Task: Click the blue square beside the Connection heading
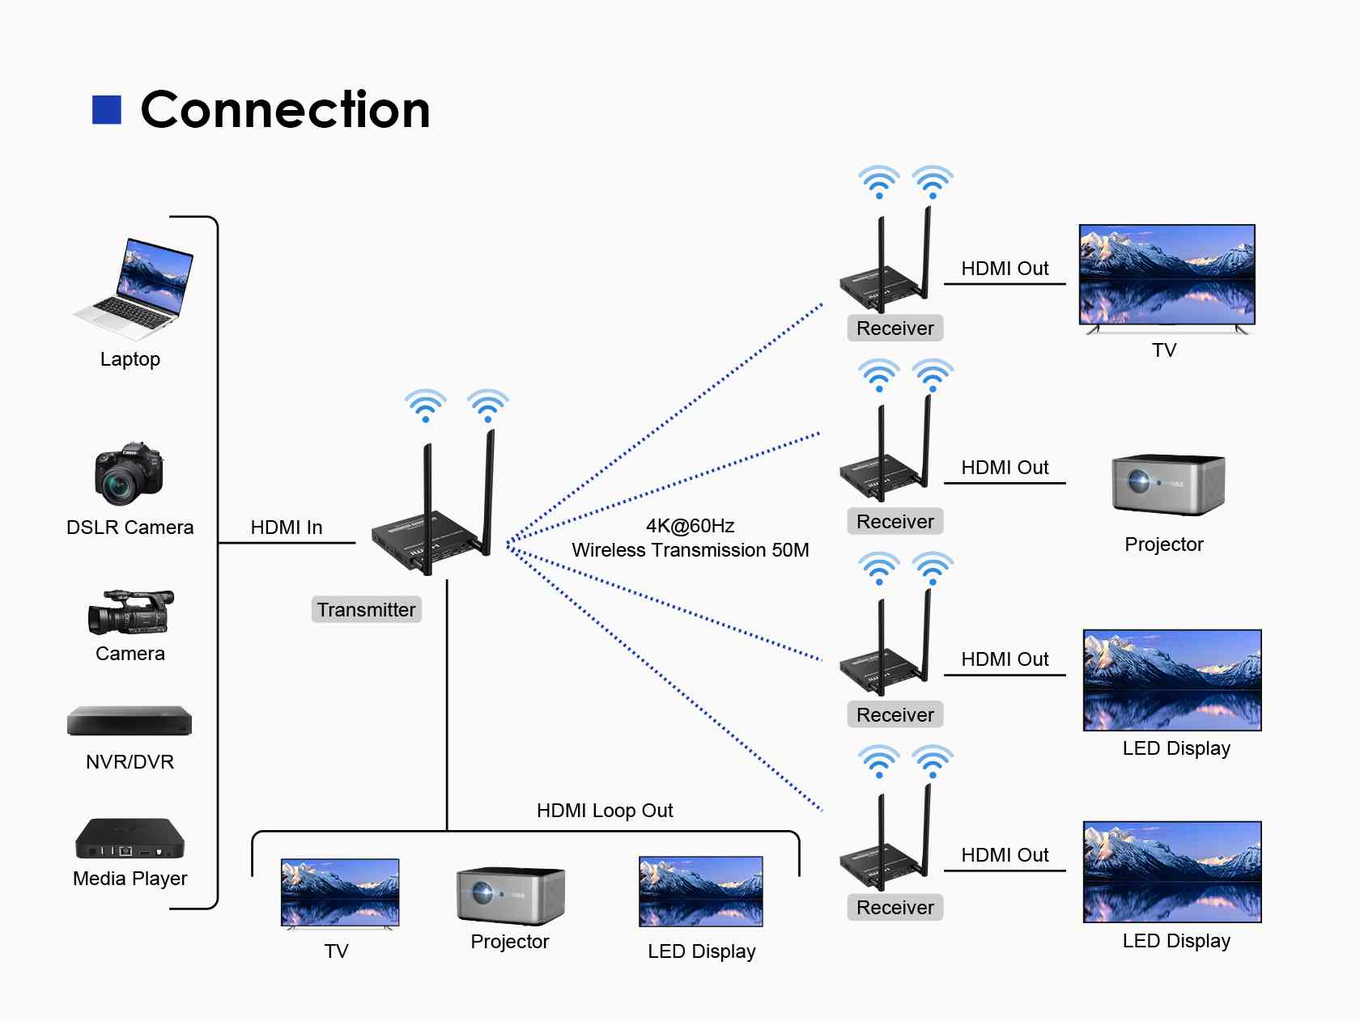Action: [x=107, y=110]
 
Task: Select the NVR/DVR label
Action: [x=130, y=762]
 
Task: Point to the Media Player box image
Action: [x=130, y=839]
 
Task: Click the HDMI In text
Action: [x=287, y=527]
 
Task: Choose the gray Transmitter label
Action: [x=366, y=610]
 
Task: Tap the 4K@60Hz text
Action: [x=690, y=526]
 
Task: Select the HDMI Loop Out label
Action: [x=605, y=811]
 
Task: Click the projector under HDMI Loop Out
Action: [x=510, y=896]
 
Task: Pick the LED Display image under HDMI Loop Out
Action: [x=701, y=892]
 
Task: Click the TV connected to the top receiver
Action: [x=1167, y=276]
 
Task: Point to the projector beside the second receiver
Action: [x=1167, y=484]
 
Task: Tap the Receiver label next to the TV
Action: [x=895, y=328]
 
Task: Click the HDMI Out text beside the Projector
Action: [x=1005, y=468]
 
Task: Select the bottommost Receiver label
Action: [x=895, y=908]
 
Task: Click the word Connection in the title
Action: [x=285, y=110]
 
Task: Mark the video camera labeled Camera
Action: [x=130, y=612]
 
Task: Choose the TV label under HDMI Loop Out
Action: [x=337, y=951]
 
